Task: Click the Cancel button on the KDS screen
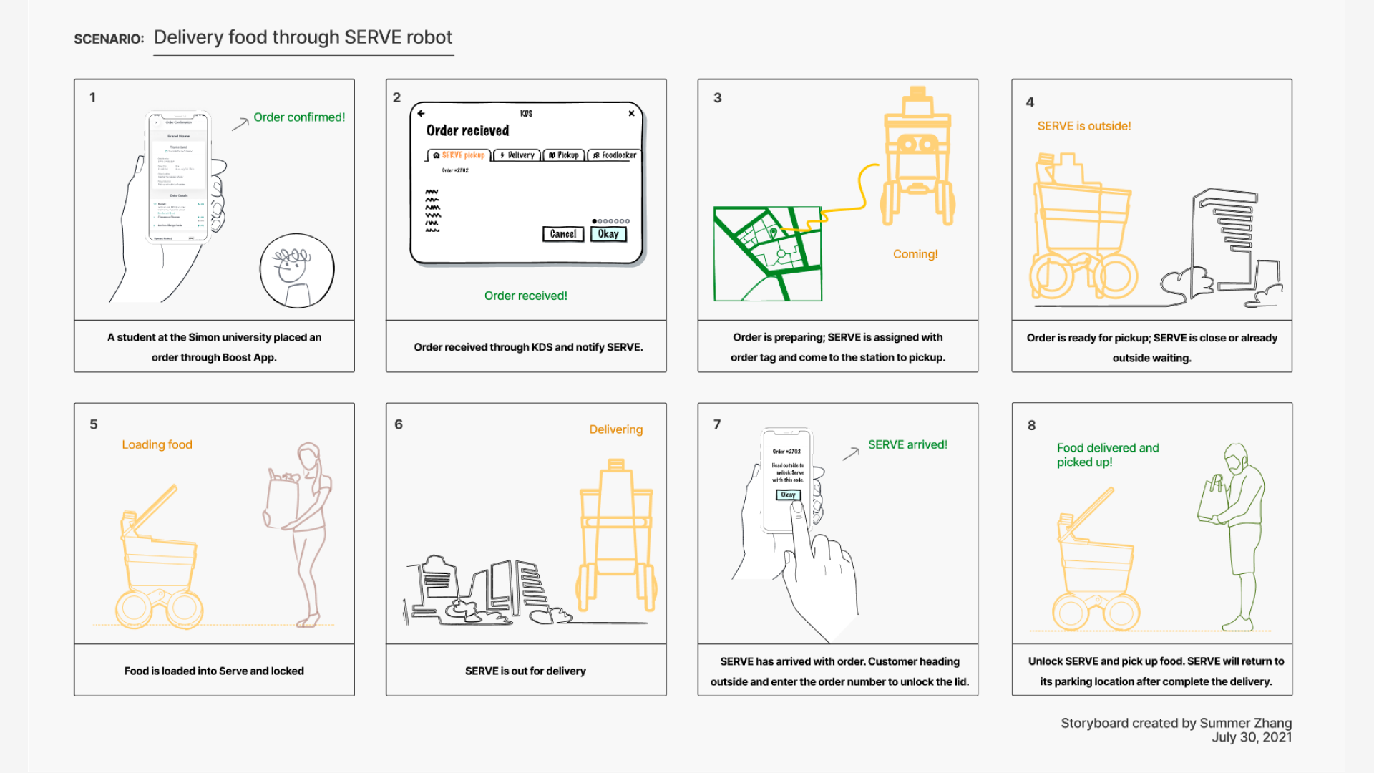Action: [x=563, y=234]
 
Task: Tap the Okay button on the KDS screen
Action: [x=608, y=234]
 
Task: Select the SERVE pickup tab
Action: [x=459, y=155]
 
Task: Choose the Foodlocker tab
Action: [x=615, y=155]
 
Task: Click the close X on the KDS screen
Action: [x=631, y=113]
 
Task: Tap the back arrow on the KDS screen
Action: [x=421, y=113]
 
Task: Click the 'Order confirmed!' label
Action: [x=299, y=117]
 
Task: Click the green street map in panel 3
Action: [x=767, y=254]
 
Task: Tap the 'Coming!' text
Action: [x=915, y=254]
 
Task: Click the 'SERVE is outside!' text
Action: [x=1083, y=126]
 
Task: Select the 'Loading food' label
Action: [x=157, y=444]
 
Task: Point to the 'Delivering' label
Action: [x=615, y=429]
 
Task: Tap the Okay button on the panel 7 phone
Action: [x=788, y=495]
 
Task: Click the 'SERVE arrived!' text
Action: [x=907, y=444]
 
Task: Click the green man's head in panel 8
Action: [x=1236, y=458]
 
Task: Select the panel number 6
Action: [x=399, y=424]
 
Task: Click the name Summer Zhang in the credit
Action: [x=1245, y=723]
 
